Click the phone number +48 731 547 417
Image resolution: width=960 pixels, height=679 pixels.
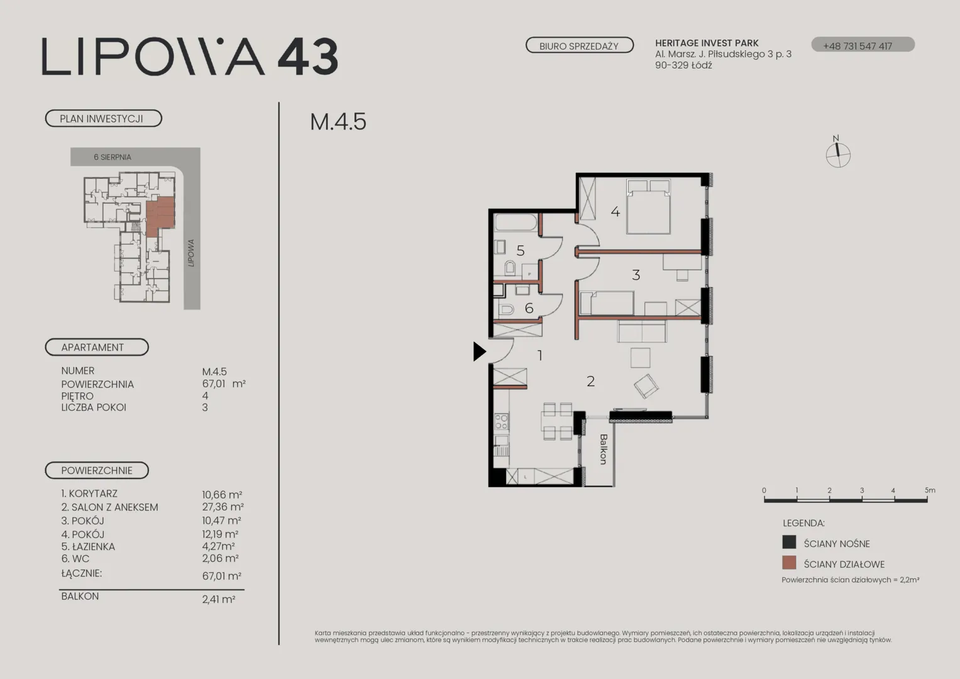(858, 46)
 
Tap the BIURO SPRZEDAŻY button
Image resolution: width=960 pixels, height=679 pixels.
(580, 45)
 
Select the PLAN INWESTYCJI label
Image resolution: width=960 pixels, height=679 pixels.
(103, 119)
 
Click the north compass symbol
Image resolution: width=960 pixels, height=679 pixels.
(838, 153)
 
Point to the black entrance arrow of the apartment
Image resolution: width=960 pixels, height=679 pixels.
(480, 351)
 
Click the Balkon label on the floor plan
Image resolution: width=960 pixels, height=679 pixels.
(604, 450)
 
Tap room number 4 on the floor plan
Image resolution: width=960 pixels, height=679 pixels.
(615, 211)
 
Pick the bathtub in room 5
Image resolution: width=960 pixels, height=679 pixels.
(516, 223)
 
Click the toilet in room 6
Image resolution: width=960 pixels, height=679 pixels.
(506, 309)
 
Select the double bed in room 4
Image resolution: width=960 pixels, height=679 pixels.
(648, 207)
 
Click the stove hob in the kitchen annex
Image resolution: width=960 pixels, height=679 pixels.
(502, 421)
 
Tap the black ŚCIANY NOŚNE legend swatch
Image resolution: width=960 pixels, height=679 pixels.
(789, 542)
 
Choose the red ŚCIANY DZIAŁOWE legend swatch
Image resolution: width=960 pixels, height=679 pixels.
(789, 563)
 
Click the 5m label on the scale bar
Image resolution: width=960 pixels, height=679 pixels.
(930, 490)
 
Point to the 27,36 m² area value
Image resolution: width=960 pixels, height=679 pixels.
(223, 507)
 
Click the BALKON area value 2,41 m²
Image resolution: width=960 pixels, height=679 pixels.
(219, 599)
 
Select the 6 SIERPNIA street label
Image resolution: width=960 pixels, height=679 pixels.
(113, 157)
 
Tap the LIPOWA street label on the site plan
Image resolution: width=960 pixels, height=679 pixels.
(191, 253)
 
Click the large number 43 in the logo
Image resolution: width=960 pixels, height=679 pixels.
(308, 57)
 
